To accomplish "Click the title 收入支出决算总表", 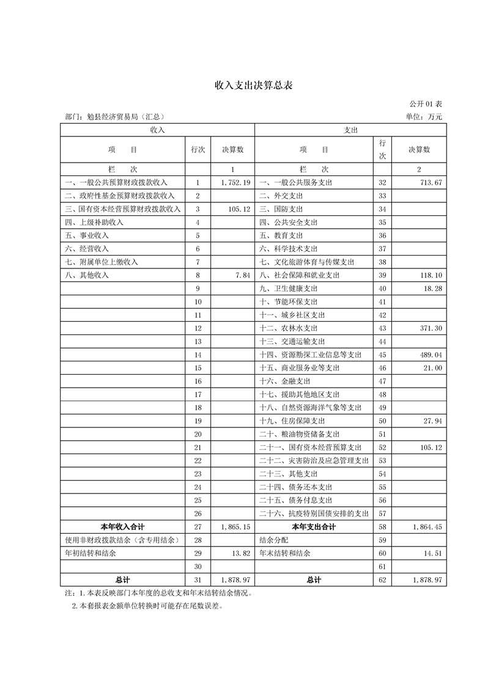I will point(253,85).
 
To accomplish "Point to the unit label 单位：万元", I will point(423,117).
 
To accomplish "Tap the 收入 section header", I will point(157,130).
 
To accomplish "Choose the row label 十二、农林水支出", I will point(288,328).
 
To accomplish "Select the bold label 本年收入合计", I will point(122,526).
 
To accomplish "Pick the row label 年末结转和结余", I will point(285,553).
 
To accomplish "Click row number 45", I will point(383,355).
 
